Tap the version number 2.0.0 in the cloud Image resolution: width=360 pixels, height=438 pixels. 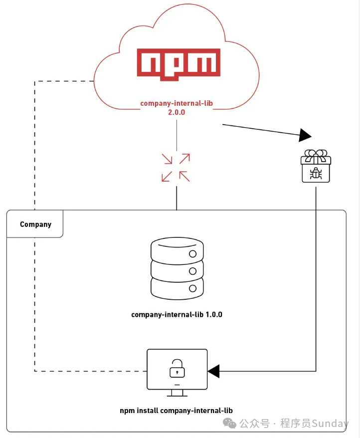pos(177,113)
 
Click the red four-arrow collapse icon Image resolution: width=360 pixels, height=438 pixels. pos(176,167)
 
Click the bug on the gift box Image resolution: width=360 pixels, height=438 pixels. pos(316,173)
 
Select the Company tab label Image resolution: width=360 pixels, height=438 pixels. pos(35,224)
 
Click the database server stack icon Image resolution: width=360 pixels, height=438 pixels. pos(177,268)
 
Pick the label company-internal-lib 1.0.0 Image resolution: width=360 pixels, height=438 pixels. pos(177,315)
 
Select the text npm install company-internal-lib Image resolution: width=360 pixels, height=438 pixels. pos(176,411)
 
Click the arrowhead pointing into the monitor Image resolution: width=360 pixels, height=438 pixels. pos(213,371)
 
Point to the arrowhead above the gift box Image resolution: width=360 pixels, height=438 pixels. pos(305,135)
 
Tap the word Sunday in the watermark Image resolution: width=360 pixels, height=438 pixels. pos(330,424)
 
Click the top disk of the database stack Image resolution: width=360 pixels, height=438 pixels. pos(177,248)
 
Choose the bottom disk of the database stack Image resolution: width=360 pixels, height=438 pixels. pos(177,287)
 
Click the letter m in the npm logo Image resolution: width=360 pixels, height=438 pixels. pos(204,64)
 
